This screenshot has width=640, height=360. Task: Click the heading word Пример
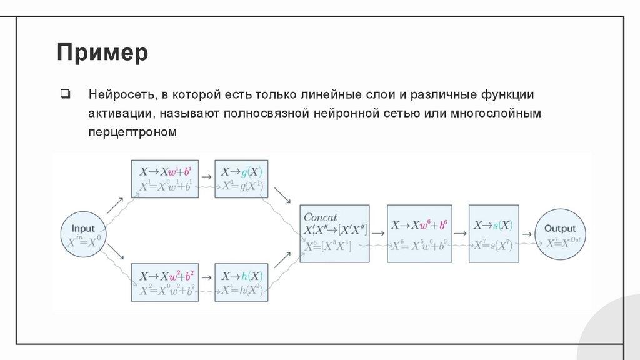click(102, 52)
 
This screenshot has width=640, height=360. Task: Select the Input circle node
click(83, 235)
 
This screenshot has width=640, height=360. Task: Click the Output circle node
click(559, 235)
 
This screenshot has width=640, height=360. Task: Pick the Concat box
click(334, 233)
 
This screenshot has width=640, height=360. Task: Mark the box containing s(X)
click(493, 233)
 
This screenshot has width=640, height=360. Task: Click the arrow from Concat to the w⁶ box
click(377, 233)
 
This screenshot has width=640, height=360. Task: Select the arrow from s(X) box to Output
click(527, 233)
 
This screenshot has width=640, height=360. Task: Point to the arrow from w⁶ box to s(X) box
click(459, 233)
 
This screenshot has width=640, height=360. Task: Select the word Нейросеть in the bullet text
click(120, 95)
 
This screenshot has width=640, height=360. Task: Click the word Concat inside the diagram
click(320, 217)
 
